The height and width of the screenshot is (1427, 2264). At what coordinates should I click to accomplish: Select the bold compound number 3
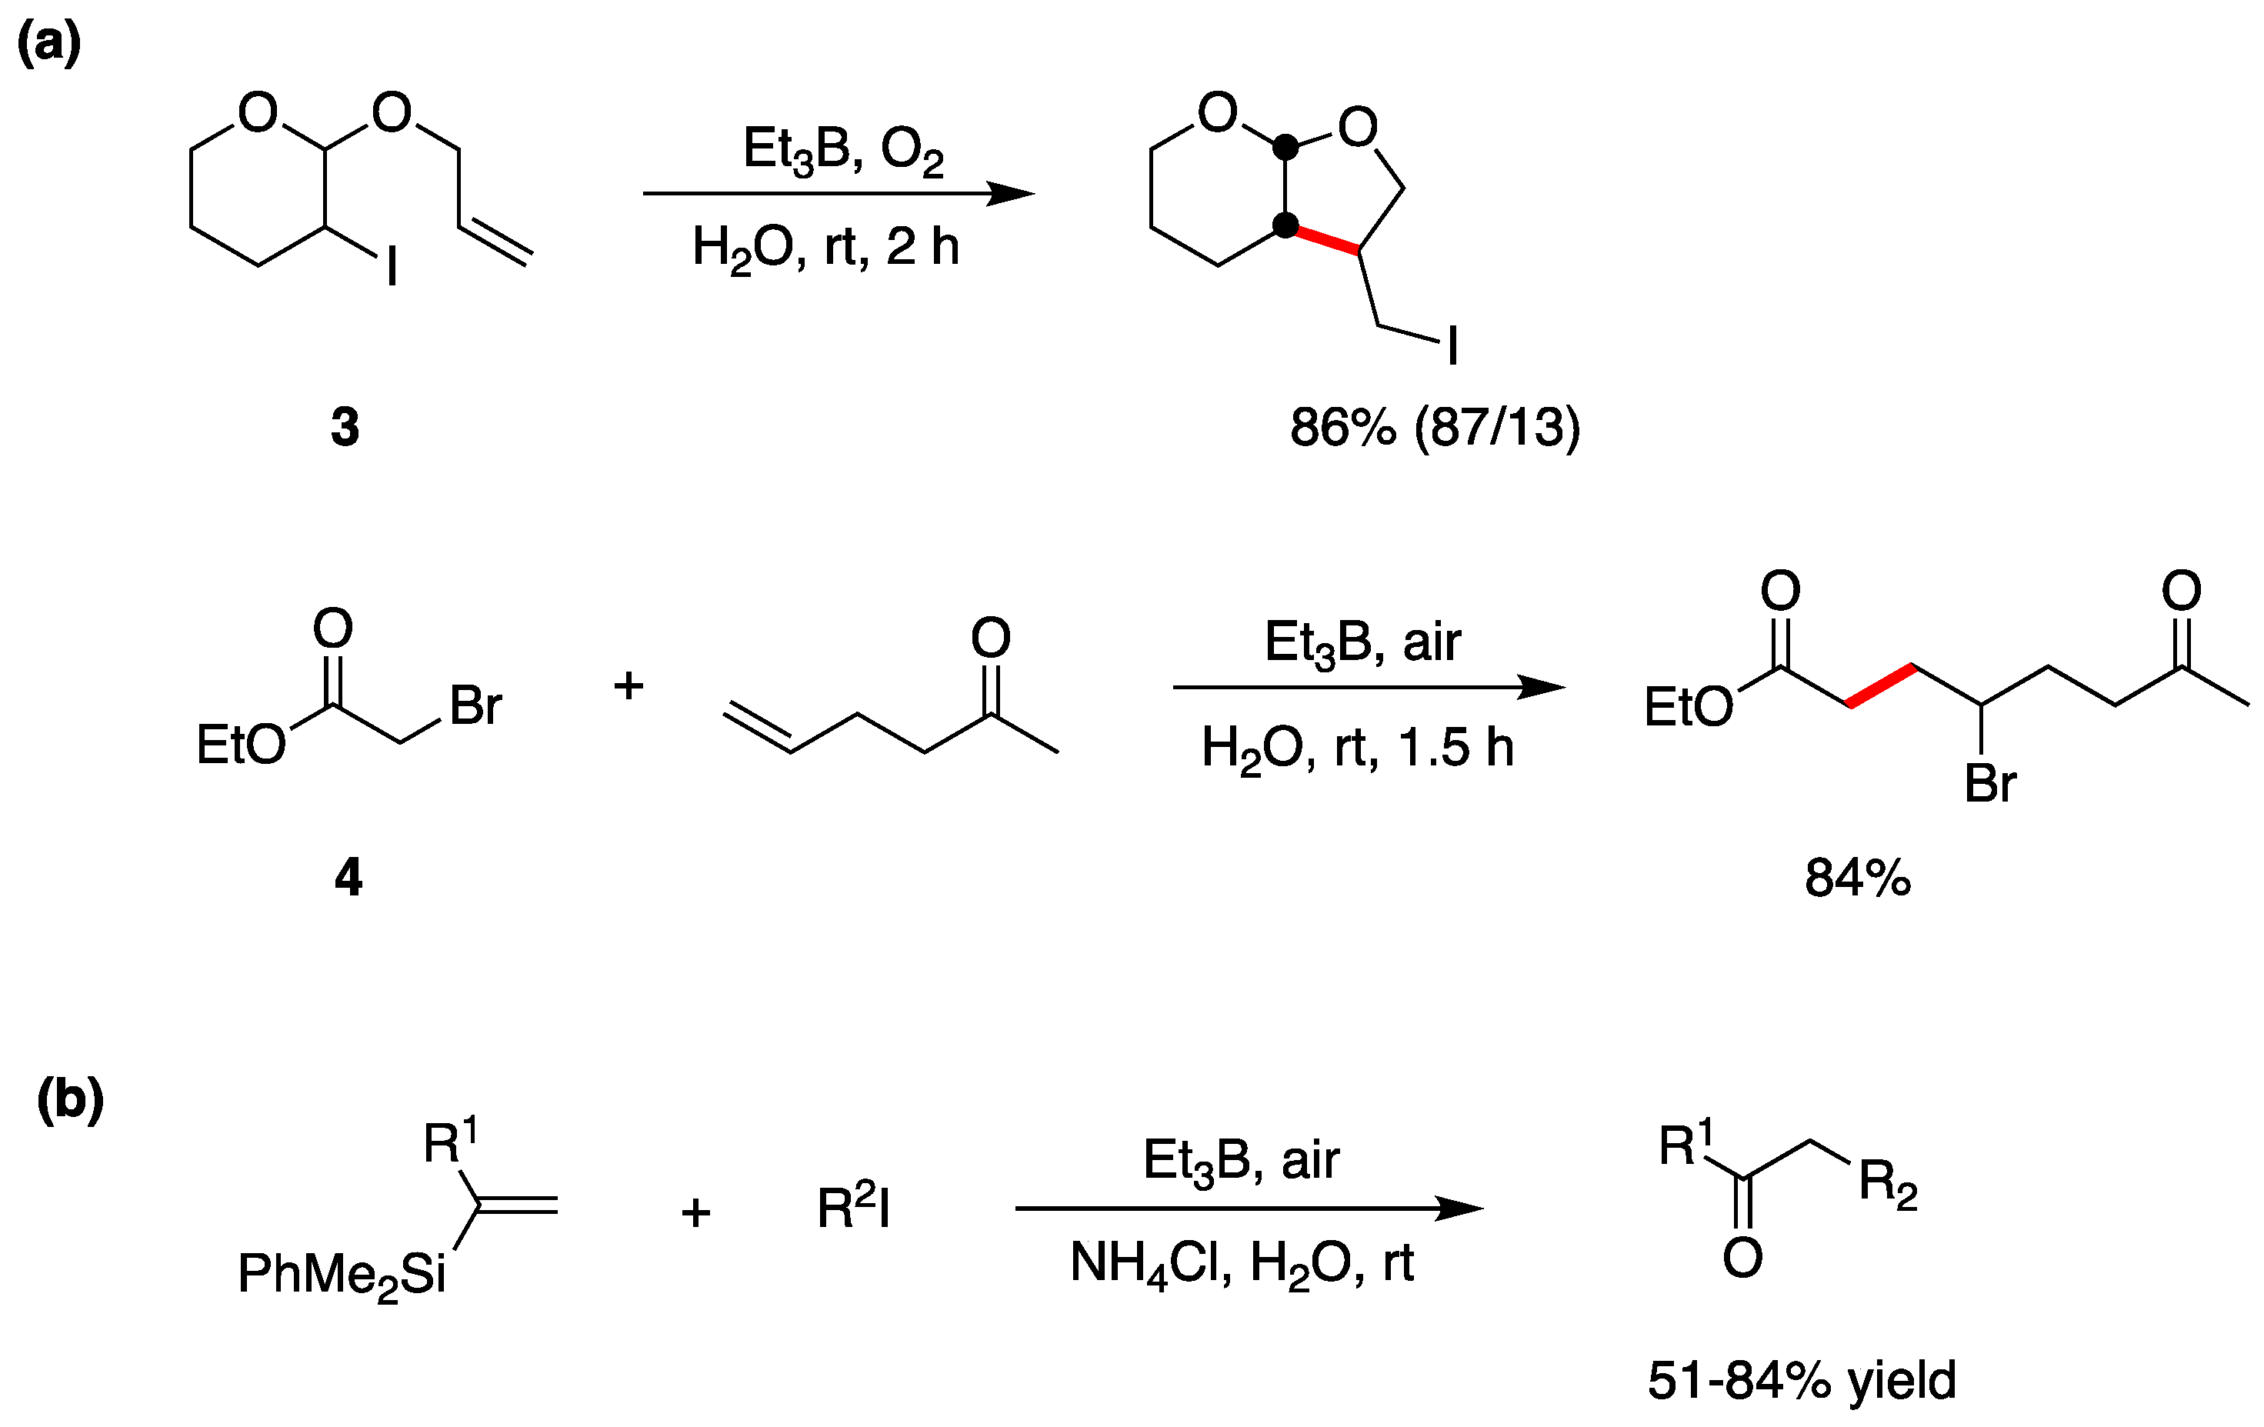345,427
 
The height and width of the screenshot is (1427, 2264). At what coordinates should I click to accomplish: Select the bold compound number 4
348,877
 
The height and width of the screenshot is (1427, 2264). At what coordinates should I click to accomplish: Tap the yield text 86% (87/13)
1435,427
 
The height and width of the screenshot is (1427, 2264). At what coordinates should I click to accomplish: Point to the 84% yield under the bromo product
1857,878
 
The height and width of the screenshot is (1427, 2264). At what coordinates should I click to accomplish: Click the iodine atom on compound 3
392,266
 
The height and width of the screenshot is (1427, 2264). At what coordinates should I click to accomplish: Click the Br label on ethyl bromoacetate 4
475,705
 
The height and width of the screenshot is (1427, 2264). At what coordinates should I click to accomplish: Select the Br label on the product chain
1990,783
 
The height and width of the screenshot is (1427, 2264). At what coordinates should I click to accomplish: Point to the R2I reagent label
853,1208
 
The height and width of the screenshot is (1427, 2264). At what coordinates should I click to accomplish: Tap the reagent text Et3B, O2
842,151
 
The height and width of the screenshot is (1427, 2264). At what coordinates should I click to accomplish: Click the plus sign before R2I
695,1212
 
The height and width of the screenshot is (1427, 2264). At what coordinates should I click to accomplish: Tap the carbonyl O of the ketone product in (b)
1742,1258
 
